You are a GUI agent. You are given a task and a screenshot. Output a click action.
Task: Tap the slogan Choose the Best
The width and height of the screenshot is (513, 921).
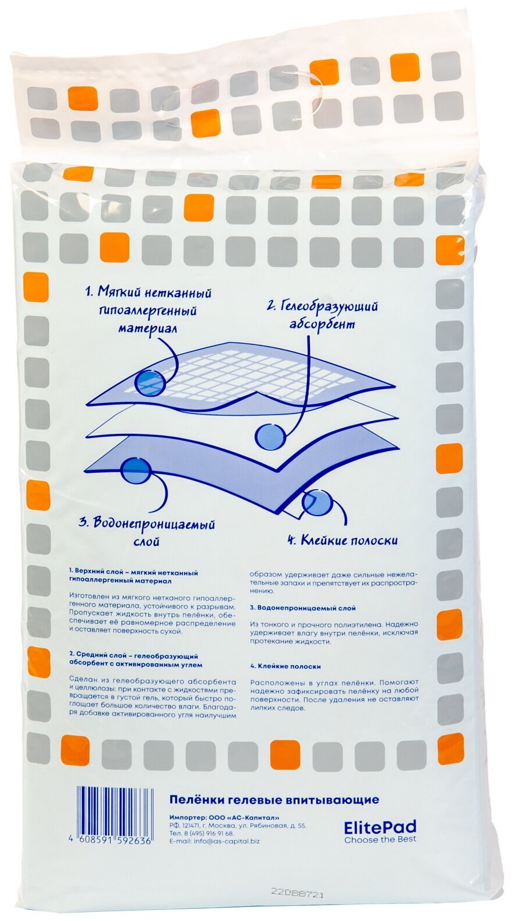pyautogui.click(x=380, y=828)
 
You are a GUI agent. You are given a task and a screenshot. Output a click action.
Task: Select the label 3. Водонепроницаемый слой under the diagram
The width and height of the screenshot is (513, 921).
pyautogui.click(x=147, y=532)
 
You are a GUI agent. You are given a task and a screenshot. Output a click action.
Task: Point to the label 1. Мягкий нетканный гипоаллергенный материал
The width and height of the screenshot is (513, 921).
pyautogui.click(x=148, y=311)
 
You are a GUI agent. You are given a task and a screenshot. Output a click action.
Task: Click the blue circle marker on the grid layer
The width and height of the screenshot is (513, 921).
pyautogui.click(x=151, y=385)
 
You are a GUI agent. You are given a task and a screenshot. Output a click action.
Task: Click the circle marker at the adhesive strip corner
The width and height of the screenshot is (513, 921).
pyautogui.click(x=318, y=503)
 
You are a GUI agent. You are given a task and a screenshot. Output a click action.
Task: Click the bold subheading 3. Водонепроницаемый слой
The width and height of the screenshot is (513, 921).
pyautogui.click(x=303, y=608)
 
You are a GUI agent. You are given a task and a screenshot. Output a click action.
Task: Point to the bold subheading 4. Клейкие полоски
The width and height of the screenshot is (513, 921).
pyautogui.click(x=285, y=666)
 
